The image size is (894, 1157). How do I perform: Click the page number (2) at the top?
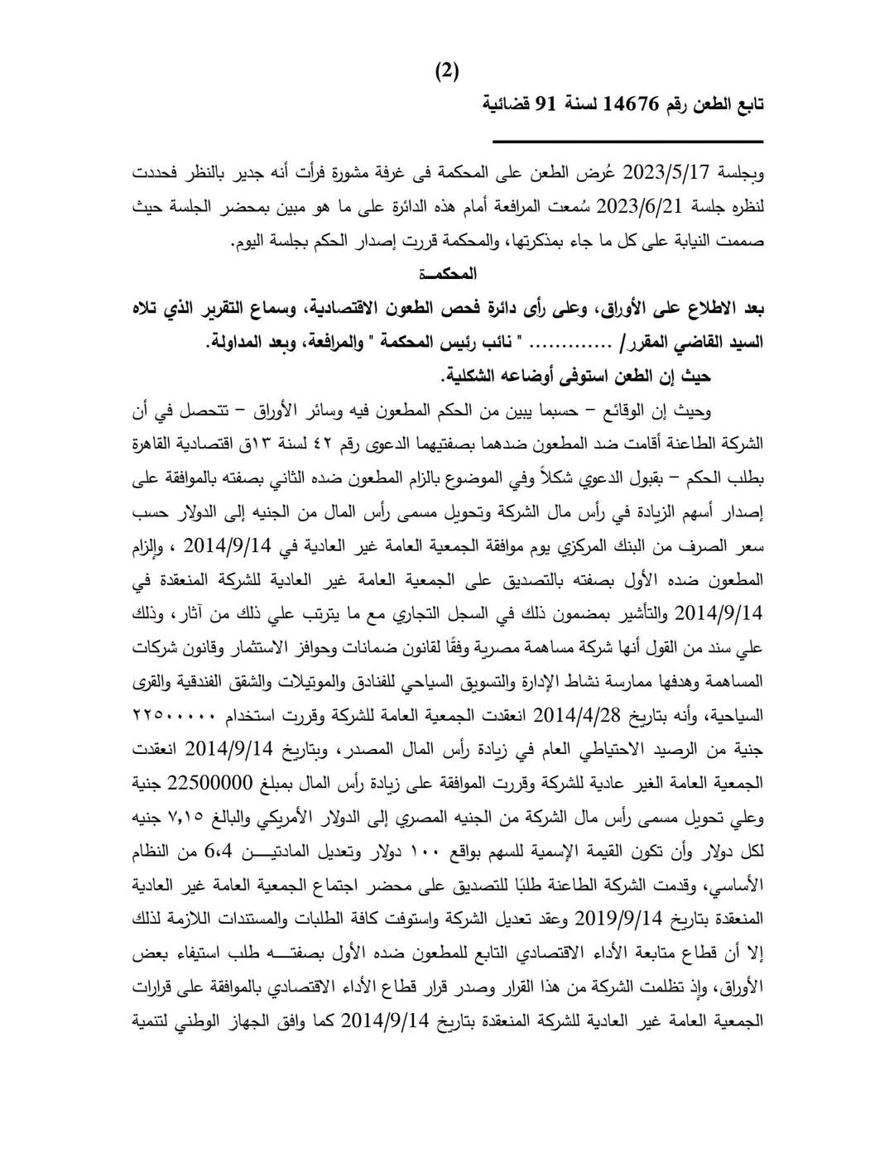point(447,71)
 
